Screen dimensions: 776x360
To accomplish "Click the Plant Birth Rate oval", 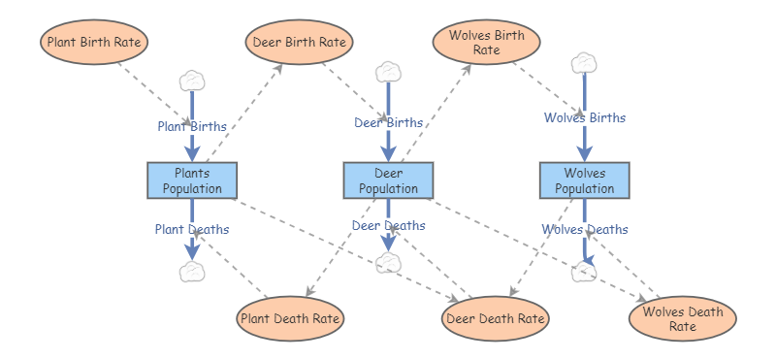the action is (x=94, y=42).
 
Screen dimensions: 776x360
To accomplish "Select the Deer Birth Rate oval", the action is (x=299, y=42).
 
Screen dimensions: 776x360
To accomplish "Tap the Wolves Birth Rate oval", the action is (x=487, y=43).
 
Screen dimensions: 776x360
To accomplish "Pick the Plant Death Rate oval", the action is (x=290, y=318).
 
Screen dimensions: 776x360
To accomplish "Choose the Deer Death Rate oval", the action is (x=496, y=318).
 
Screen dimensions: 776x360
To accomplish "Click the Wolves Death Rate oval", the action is (x=683, y=318).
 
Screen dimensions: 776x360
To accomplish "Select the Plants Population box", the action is (x=192, y=180).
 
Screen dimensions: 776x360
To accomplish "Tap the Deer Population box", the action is (x=389, y=180).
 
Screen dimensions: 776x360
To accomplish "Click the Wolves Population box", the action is (x=585, y=180).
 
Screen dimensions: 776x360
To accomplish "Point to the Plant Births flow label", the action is (x=192, y=126).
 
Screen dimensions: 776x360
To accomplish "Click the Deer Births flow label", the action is (x=389, y=122).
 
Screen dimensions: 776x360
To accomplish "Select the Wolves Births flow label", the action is (x=585, y=117).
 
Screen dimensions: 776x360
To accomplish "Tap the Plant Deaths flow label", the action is (x=192, y=229).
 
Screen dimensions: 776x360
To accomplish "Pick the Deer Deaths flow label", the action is (x=389, y=225).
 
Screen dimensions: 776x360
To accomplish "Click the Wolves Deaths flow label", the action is (x=585, y=229).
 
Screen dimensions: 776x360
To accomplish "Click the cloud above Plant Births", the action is (x=192, y=82).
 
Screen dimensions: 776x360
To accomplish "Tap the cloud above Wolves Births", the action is (x=584, y=63).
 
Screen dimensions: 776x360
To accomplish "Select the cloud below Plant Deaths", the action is (x=192, y=272).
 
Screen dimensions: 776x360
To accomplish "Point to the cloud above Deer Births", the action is (x=389, y=73).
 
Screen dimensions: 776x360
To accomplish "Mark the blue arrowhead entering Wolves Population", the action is (x=585, y=153).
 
